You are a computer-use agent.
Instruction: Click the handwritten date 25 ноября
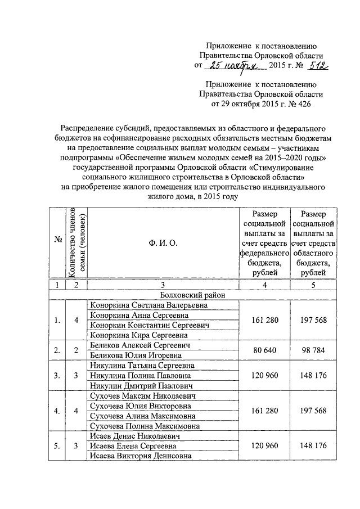tap(231, 66)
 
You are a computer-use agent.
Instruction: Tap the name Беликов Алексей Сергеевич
tap(138, 345)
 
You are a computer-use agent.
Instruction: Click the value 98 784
tap(313, 350)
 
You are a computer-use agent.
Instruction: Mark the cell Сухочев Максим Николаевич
tap(143, 396)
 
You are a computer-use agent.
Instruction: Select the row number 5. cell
tap(57, 446)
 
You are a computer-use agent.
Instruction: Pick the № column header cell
tap(57, 243)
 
